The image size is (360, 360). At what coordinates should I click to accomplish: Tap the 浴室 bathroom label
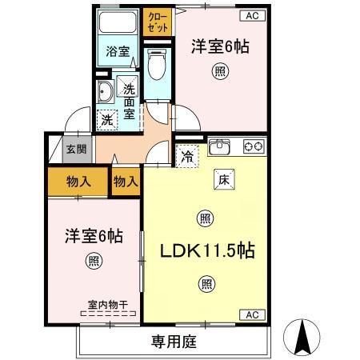(118, 52)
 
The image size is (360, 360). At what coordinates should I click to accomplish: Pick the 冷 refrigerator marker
(186, 156)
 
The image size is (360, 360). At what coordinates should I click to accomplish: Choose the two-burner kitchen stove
(253, 146)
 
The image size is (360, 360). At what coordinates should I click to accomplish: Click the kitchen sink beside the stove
(219, 148)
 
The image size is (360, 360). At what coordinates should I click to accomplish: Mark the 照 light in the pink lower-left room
(94, 260)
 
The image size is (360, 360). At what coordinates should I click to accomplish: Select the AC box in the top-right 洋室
(252, 15)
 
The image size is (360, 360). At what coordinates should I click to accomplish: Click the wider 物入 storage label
(77, 181)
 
